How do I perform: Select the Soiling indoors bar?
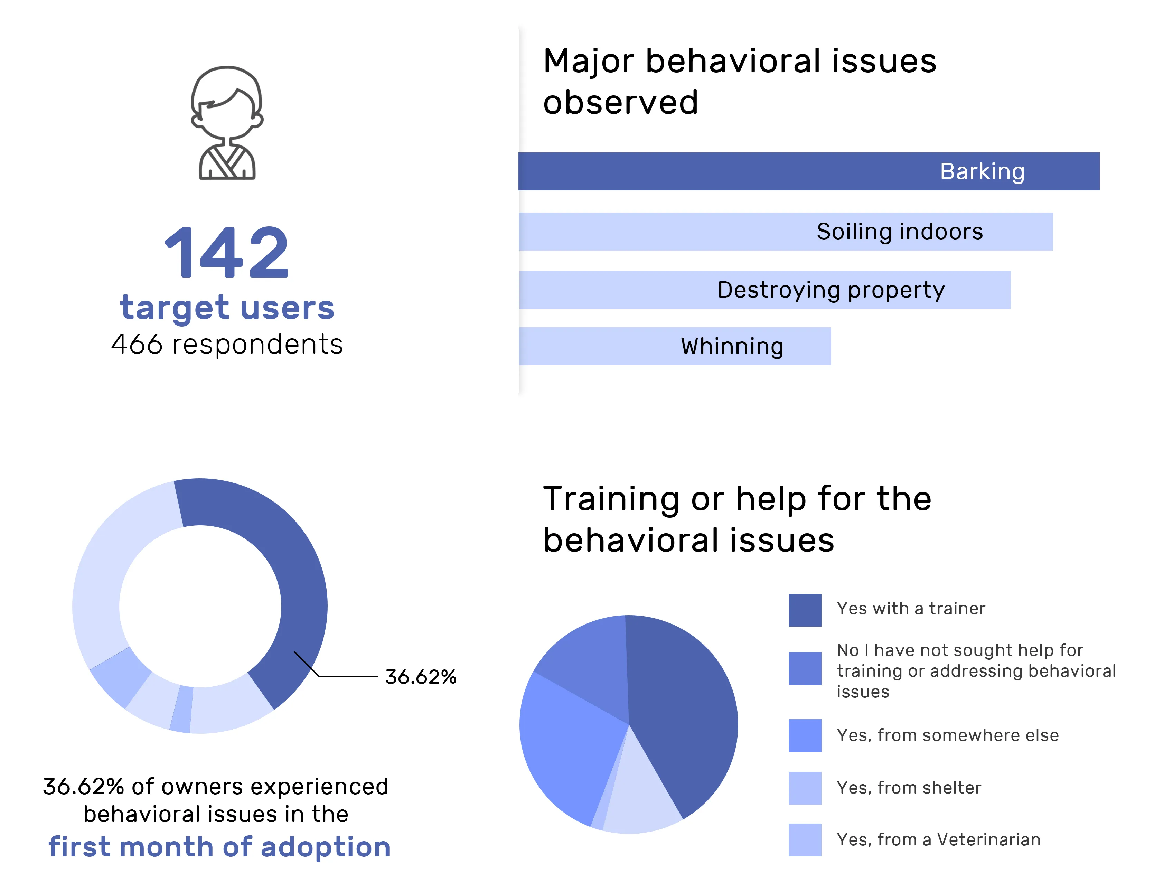click(785, 232)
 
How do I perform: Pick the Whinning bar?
click(674, 346)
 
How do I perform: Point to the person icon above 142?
click(227, 123)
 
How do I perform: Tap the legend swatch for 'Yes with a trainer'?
click(805, 610)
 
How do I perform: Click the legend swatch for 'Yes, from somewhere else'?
click(805, 735)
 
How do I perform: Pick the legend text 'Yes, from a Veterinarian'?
click(938, 839)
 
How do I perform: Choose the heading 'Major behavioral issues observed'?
click(739, 81)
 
